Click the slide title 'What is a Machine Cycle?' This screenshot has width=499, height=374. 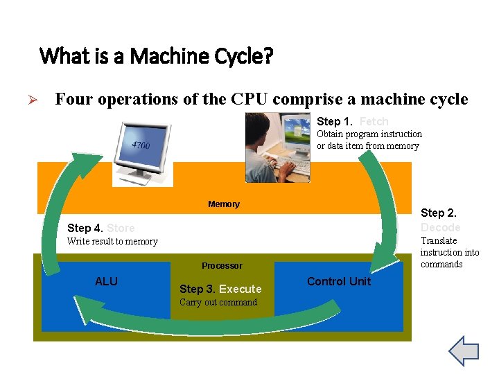click(x=156, y=55)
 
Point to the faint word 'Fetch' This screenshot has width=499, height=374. click(x=374, y=121)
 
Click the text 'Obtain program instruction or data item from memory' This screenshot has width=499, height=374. click(x=369, y=140)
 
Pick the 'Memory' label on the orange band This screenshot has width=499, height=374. click(x=224, y=204)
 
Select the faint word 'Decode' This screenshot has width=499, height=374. click(x=440, y=227)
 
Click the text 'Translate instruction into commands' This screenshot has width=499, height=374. click(x=449, y=252)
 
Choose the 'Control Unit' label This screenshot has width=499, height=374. click(x=339, y=281)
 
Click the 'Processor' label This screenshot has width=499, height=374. click(x=222, y=266)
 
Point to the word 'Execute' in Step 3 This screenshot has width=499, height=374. click(x=240, y=289)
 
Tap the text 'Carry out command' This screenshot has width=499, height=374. click(x=218, y=303)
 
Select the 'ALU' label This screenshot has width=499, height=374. click(x=106, y=281)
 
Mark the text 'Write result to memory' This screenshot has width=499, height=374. click(x=112, y=242)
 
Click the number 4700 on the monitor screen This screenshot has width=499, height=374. click(x=141, y=145)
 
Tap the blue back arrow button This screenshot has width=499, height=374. click(x=464, y=351)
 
